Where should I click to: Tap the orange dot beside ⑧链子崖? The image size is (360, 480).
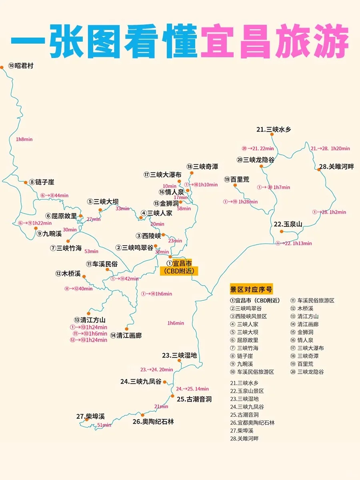pyautogui.click(x=26, y=182)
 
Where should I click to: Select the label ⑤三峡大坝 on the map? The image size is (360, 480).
pyautogui.click(x=103, y=202)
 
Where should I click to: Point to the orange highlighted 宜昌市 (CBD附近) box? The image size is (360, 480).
pyautogui.click(x=179, y=267)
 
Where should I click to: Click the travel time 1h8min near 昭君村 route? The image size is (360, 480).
pyautogui.click(x=24, y=139)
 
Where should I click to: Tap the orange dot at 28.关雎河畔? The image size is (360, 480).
pyautogui.click(x=319, y=170)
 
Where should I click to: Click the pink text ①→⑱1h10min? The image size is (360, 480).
pyautogui.click(x=201, y=185)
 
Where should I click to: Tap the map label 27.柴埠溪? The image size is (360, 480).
pyautogui.click(x=90, y=416)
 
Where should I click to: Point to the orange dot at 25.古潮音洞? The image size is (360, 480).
pyautogui.click(x=173, y=396)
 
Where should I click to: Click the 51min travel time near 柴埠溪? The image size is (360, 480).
pyautogui.click(x=104, y=425)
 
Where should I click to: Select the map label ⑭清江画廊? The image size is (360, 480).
pyautogui.click(x=126, y=336)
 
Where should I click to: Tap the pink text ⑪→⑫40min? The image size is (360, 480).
pyautogui.click(x=78, y=289)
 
